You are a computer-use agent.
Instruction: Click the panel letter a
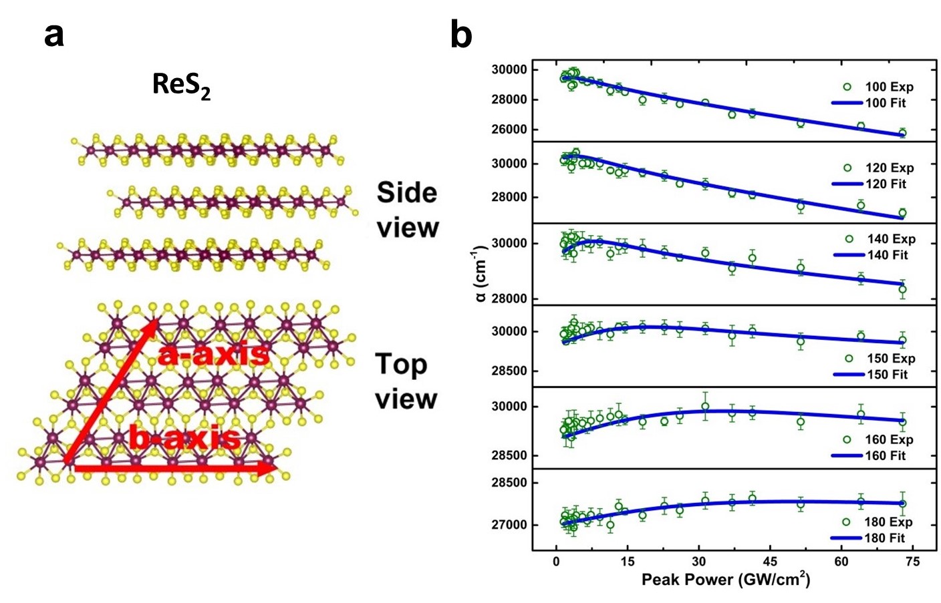pos(54,35)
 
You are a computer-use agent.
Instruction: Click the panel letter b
pos(461,35)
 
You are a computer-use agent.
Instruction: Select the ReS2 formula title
pos(181,85)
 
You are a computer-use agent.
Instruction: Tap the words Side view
pos(407,210)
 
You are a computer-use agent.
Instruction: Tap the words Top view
pos(406,381)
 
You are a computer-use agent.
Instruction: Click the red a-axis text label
pos(213,354)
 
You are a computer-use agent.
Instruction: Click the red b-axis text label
pos(184,439)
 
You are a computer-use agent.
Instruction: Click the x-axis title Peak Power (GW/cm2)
pos(726,579)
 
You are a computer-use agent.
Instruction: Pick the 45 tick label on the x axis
pos(770,562)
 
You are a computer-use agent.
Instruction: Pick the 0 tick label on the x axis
pos(556,562)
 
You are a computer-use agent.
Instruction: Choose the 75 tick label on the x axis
pos(912,562)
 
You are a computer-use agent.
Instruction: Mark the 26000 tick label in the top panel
pos(509,130)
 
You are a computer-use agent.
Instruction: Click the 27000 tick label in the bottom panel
pos(509,525)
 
